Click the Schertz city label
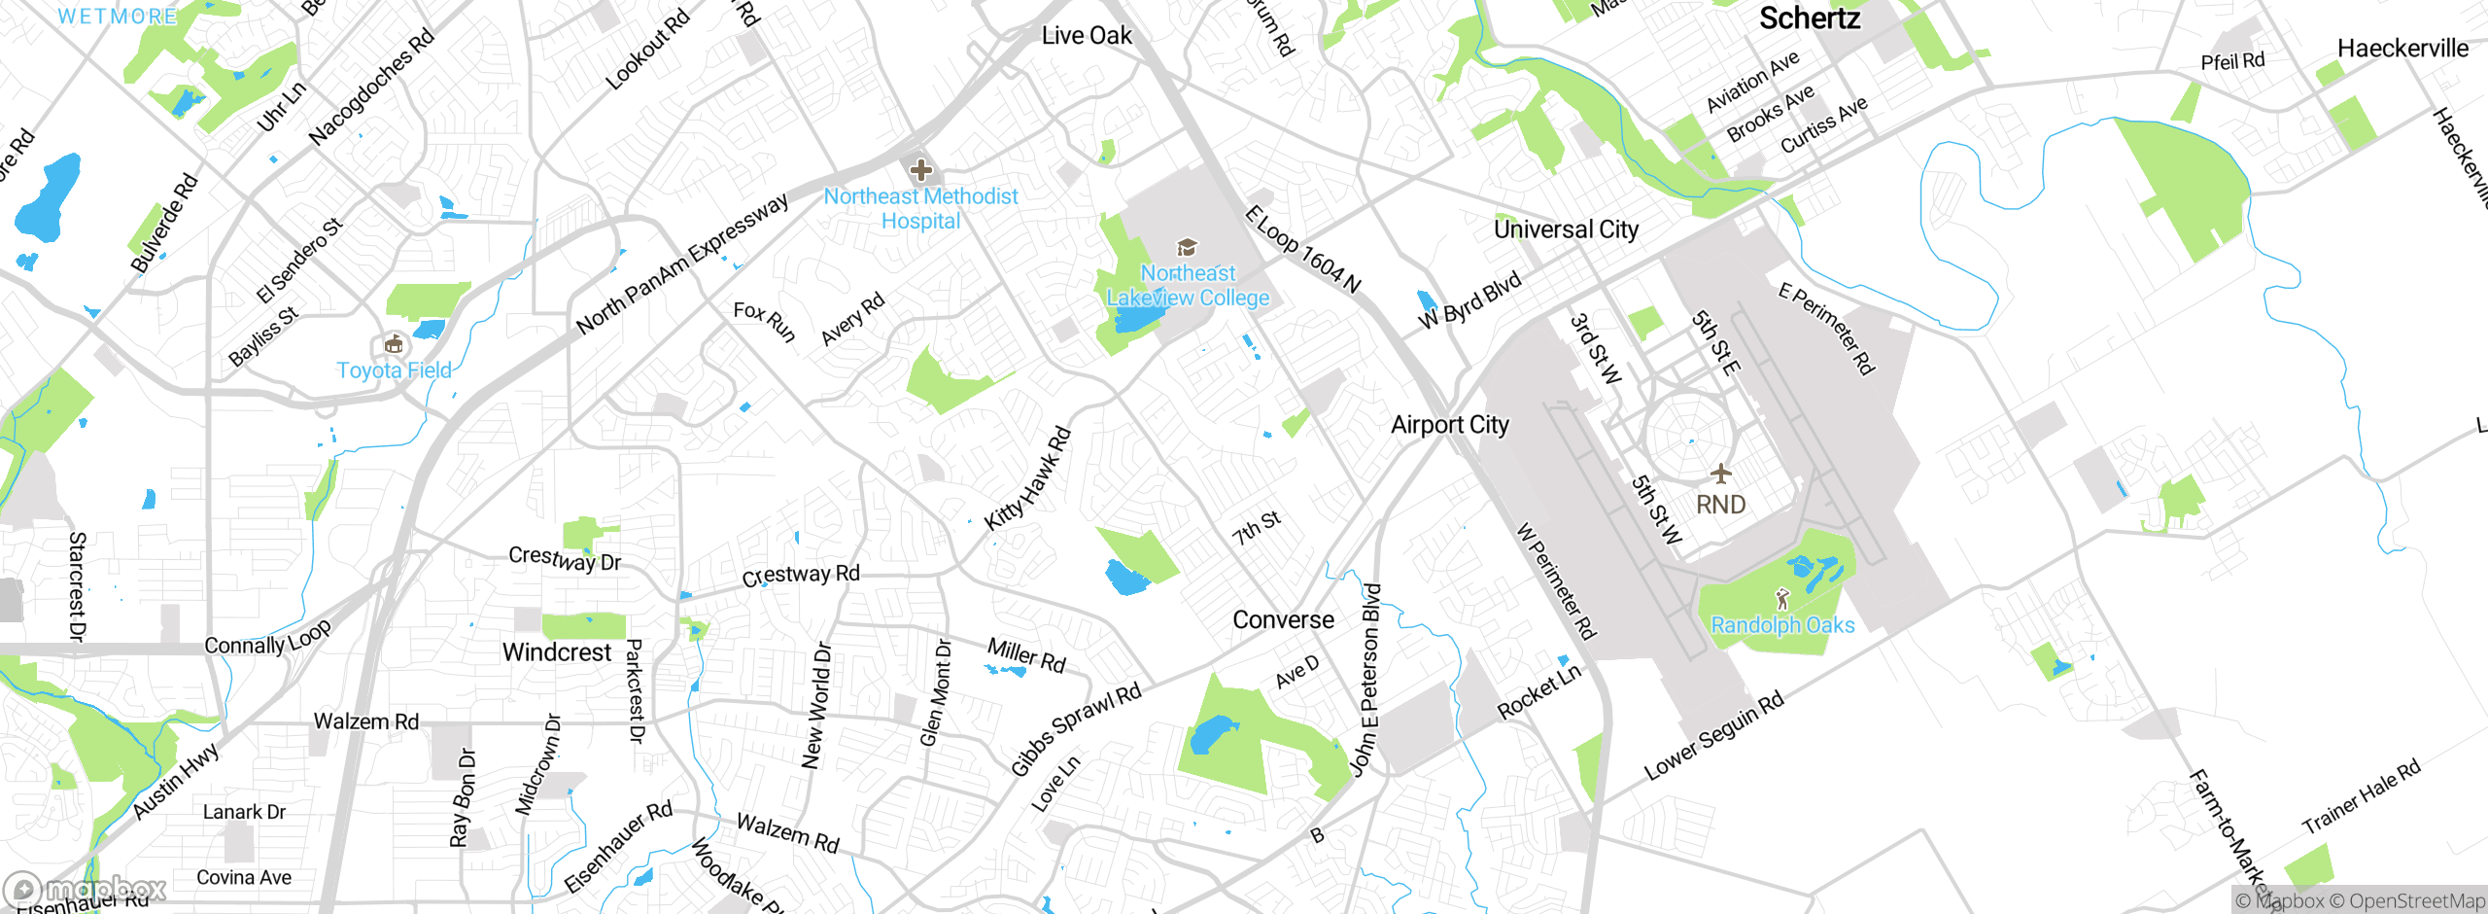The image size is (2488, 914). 1810,18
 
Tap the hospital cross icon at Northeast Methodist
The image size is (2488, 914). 920,171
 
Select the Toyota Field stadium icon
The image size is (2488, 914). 394,344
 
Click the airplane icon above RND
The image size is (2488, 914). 1721,475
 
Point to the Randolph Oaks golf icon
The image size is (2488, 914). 1782,599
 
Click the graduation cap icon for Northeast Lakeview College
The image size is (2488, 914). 1187,247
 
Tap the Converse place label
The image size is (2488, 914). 1283,619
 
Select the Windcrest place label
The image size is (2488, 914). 557,651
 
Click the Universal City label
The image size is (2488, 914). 1566,229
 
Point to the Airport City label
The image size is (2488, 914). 1449,425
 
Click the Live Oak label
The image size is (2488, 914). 1087,36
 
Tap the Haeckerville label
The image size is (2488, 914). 2402,49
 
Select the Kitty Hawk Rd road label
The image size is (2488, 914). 1027,479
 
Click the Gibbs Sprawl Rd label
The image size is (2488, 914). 1076,729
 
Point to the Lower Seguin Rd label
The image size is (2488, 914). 1713,736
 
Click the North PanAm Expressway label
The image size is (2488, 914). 682,264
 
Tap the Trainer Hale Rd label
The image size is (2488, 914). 2361,797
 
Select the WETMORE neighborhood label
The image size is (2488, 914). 118,17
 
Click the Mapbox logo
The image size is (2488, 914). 86,889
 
